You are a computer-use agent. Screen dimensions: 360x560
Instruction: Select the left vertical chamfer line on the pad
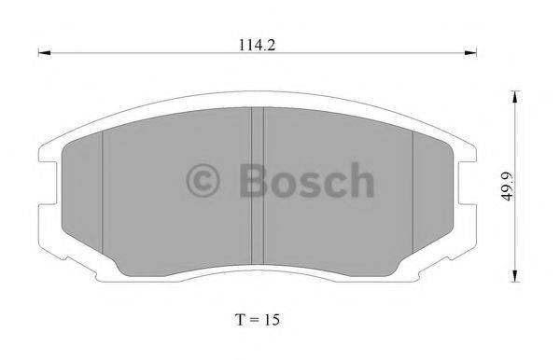[102, 196]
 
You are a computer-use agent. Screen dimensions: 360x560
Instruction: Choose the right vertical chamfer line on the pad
[413, 196]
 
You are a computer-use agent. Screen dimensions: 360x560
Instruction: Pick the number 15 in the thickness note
[269, 318]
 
